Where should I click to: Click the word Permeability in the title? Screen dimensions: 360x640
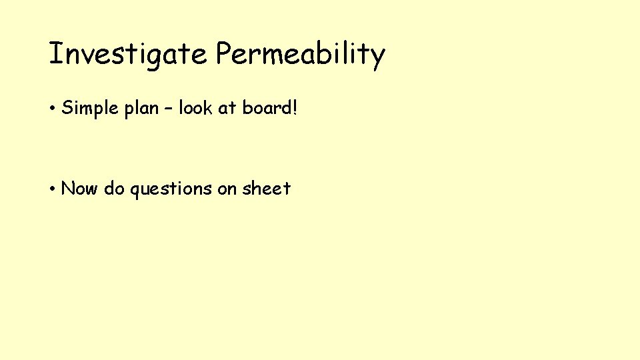pyautogui.click(x=300, y=54)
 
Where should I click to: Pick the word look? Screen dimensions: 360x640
pyautogui.click(x=193, y=108)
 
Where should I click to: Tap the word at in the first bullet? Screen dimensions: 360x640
pyautogui.click(x=226, y=108)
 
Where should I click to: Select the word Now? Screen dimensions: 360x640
pyautogui.click(x=79, y=189)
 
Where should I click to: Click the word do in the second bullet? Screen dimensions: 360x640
pyautogui.click(x=114, y=189)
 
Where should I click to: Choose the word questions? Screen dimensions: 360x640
pyautogui.click(x=171, y=189)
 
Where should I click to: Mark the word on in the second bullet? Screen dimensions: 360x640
pyautogui.click(x=227, y=189)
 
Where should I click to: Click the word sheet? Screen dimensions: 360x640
pyautogui.click(x=266, y=189)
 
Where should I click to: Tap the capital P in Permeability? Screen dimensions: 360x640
pyautogui.click(x=223, y=53)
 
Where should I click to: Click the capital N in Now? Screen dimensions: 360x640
pyautogui.click(x=67, y=189)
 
